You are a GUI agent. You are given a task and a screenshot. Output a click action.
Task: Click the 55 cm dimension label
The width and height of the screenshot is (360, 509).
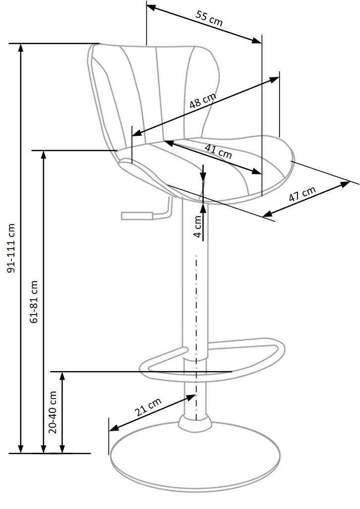[x=209, y=18]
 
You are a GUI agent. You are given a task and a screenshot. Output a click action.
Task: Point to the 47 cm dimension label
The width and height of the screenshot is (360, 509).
[x=302, y=194]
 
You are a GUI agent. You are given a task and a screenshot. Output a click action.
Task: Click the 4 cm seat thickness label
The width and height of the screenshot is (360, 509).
[x=198, y=226]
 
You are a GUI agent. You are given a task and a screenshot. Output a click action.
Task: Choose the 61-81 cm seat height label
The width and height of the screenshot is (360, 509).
[x=34, y=301]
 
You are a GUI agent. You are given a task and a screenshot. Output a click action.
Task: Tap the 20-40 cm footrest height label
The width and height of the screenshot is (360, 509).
[x=53, y=412]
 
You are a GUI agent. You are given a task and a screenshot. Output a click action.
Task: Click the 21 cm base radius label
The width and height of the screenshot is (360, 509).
[x=148, y=407]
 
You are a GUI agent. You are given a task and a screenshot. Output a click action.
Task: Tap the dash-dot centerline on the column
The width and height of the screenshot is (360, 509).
[x=196, y=338]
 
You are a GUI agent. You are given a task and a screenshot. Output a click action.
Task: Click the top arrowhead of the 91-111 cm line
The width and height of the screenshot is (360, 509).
[x=21, y=48]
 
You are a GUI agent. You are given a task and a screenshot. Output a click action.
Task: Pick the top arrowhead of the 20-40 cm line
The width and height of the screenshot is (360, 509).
[x=62, y=376]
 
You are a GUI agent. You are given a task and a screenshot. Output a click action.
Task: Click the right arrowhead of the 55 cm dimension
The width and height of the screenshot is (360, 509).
[x=257, y=41]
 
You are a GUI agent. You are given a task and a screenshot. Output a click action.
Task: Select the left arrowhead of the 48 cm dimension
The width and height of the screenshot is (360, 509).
[x=136, y=133]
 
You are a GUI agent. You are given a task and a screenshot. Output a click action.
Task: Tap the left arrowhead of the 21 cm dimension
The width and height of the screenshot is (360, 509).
[x=114, y=429]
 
